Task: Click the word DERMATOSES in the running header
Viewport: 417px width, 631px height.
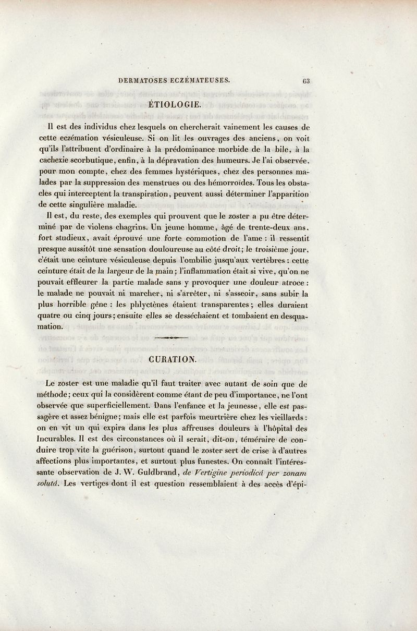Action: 142,81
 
